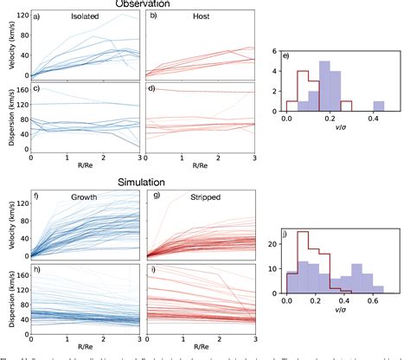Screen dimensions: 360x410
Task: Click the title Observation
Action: [x=144, y=4]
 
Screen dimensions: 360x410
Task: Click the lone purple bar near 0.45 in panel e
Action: [x=379, y=106]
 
